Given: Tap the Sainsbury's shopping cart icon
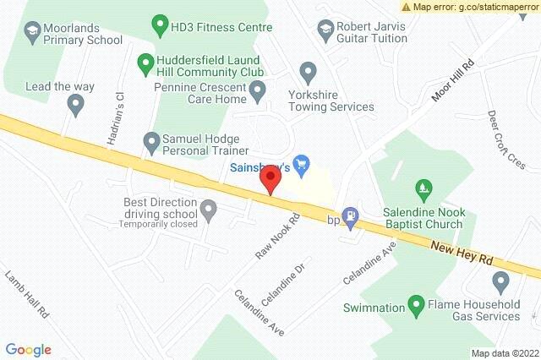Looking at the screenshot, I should [x=298, y=161].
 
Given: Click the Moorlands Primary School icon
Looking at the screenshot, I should [x=32, y=32].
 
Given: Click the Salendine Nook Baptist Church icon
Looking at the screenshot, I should [x=424, y=187].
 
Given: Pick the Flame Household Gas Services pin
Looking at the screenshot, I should [x=500, y=281].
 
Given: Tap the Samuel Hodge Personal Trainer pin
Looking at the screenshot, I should [x=151, y=141].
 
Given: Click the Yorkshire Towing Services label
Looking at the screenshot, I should [x=331, y=101].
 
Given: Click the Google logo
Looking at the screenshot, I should [x=29, y=349].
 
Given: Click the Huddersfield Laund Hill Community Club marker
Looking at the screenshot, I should [x=145, y=62].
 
